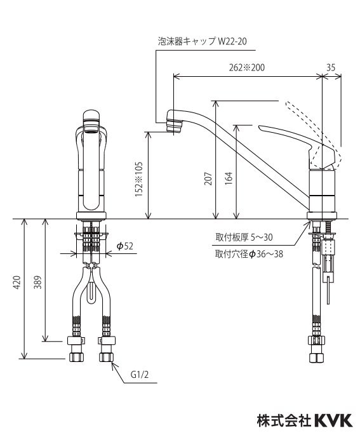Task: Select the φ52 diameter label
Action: click(x=124, y=247)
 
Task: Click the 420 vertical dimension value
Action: click(x=17, y=283)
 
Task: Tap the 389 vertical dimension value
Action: click(x=37, y=283)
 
